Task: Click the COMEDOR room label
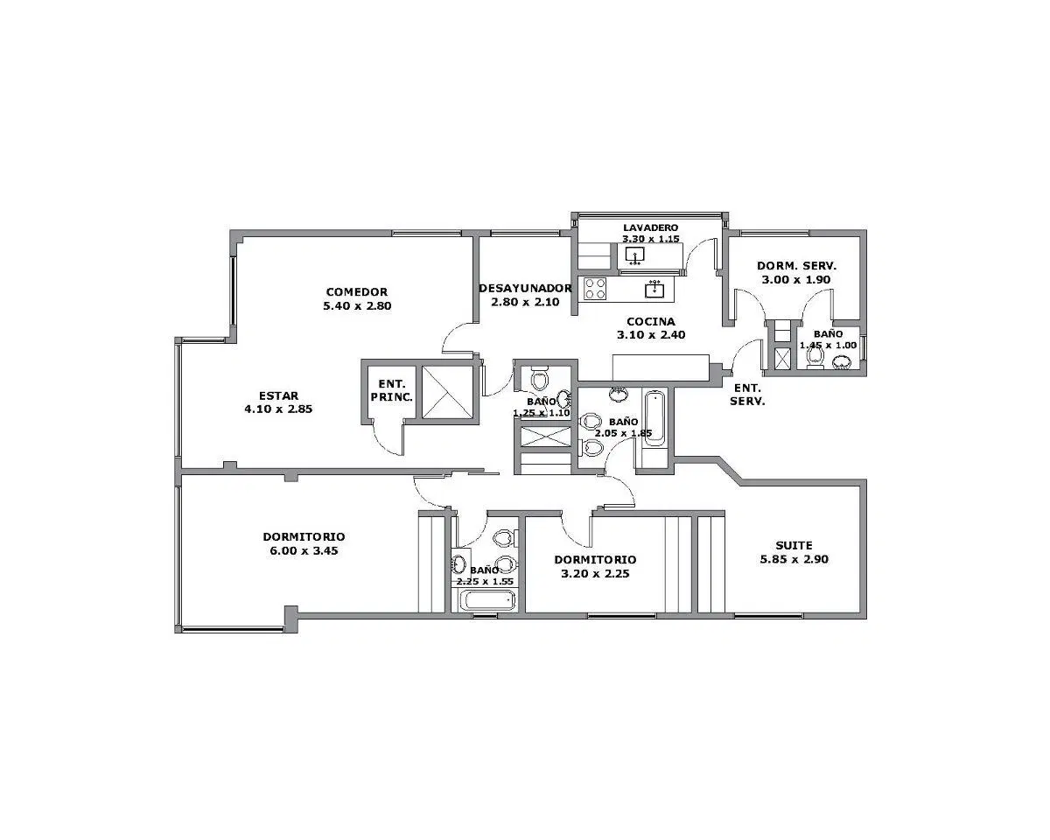357,292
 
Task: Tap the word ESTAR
278,395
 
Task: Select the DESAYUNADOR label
525,288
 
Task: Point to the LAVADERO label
650,227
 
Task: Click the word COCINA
651,322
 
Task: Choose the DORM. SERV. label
797,266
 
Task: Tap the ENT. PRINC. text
391,391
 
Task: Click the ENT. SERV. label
747,395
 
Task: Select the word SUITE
794,545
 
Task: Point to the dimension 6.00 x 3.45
304,550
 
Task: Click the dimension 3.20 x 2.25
595,573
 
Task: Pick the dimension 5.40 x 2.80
357,306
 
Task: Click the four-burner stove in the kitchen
595,288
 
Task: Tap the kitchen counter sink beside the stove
654,289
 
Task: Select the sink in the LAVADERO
634,255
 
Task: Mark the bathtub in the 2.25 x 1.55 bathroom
487,600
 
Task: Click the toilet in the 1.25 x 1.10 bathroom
540,378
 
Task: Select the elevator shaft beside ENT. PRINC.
446,392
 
